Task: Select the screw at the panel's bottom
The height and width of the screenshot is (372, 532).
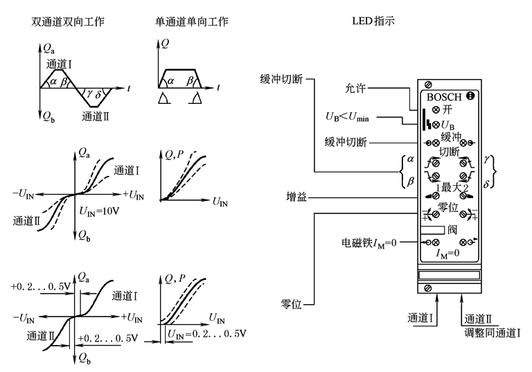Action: (x=429, y=287)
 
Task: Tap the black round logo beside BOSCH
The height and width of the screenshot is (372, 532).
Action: (x=470, y=97)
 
